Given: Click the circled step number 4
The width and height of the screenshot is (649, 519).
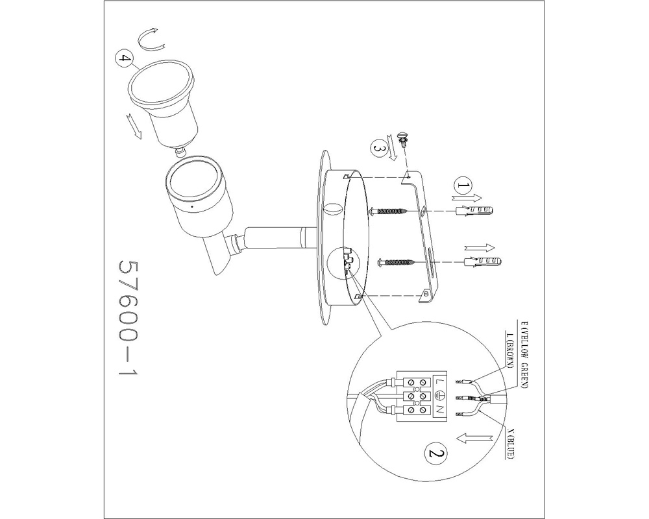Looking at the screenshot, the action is pyautogui.click(x=123, y=59).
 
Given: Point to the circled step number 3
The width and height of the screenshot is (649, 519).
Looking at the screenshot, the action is pyautogui.click(x=378, y=148).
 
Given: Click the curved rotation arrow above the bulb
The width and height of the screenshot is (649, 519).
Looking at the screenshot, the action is pyautogui.click(x=151, y=40).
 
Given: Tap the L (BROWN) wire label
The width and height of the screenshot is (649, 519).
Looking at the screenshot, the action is pyautogui.click(x=510, y=350).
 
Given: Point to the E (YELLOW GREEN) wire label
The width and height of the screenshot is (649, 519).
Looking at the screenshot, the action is pyautogui.click(x=524, y=354).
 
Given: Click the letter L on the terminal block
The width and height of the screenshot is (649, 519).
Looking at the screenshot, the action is pyautogui.click(x=439, y=381).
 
